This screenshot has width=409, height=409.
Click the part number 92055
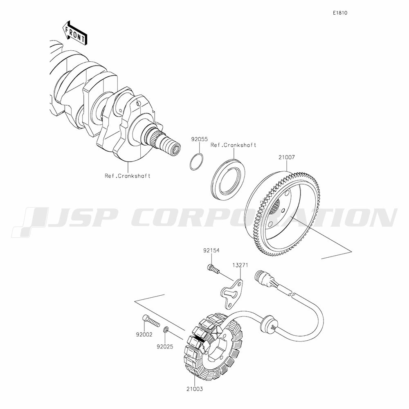tap(200, 139)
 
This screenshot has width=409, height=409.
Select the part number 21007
tap(287, 157)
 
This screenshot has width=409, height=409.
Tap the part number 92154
tap(211, 250)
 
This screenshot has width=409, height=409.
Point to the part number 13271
tap(240, 265)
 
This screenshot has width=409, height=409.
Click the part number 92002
tap(144, 335)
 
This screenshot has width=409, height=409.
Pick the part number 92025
tap(165, 347)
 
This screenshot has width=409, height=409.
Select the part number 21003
tap(195, 389)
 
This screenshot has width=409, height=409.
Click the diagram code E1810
tap(340, 13)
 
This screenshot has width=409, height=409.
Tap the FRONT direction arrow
tap(75, 33)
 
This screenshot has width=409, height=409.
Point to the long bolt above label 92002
tap(151, 321)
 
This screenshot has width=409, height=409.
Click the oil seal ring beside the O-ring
tap(228, 180)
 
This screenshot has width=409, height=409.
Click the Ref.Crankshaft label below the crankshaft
tap(128, 176)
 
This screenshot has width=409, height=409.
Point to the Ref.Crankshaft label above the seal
tap(234, 145)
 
